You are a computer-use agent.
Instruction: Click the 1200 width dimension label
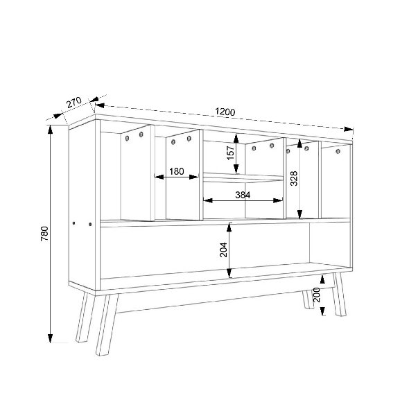tap(225, 112)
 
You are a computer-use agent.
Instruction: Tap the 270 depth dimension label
tap(74, 102)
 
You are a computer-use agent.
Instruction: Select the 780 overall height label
tap(44, 234)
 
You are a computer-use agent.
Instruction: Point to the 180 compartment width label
tap(177, 171)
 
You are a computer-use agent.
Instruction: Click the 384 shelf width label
tap(243, 195)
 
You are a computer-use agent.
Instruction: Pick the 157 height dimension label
tap(231, 153)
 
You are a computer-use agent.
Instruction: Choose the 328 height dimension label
tap(294, 178)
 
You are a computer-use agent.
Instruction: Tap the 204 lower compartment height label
tap(223, 250)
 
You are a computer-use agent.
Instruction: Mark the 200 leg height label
tap(316, 295)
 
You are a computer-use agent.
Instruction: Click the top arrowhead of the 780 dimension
tap(51, 130)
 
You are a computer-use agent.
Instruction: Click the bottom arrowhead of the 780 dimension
tap(51, 338)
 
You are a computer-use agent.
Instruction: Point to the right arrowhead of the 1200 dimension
tap(349, 129)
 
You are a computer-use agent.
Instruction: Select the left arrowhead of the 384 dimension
tap(208, 200)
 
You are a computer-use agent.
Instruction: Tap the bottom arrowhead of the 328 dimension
tap(299, 214)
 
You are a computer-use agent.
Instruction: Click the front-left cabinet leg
tap(107, 324)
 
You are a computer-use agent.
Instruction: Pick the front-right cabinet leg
tap(340, 294)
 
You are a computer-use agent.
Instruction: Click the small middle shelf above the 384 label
tap(243, 177)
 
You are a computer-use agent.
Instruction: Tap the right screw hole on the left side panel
tap(90, 224)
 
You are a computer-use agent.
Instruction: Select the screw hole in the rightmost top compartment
tap(338, 151)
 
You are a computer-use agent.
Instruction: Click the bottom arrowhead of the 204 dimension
tap(229, 273)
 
